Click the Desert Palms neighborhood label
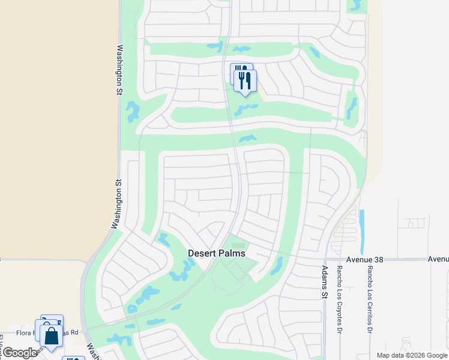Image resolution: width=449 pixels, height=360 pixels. tap(217, 253)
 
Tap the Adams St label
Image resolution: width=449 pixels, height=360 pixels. tap(325, 283)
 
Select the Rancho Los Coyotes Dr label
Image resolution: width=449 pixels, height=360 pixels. tap(340, 299)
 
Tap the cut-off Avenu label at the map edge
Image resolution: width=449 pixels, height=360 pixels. tap(438, 259)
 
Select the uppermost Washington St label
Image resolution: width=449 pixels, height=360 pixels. tap(119, 70)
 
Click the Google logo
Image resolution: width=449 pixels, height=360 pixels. tap(20, 353)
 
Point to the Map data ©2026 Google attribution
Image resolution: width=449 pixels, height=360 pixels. tap(411, 356)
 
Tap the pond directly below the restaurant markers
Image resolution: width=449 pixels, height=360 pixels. tap(246, 109)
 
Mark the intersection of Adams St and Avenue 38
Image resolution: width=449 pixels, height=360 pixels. tap(325, 259)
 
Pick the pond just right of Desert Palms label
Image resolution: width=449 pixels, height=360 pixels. tap(277, 266)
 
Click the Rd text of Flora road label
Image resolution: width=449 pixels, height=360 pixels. tap(74, 332)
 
